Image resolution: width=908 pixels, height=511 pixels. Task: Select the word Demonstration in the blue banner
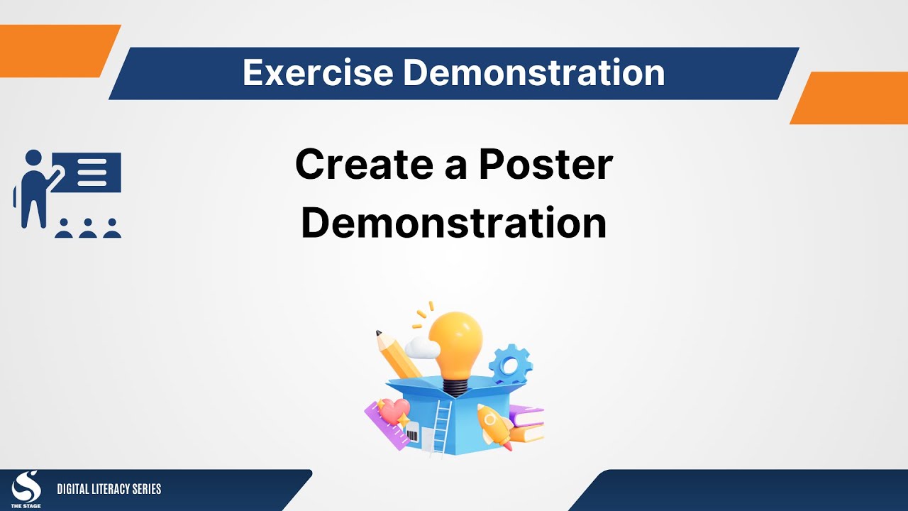pos(534,73)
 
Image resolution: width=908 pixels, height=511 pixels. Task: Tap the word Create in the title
pos(375,164)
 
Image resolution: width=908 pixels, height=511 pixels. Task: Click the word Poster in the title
pos(546,164)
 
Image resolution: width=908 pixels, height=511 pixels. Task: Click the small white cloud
pos(421,347)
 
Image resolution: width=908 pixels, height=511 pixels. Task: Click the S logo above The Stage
pos(26,485)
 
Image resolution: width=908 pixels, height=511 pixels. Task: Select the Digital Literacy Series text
pos(109,489)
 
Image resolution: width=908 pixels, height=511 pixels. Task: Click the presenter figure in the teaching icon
pos(32,188)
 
